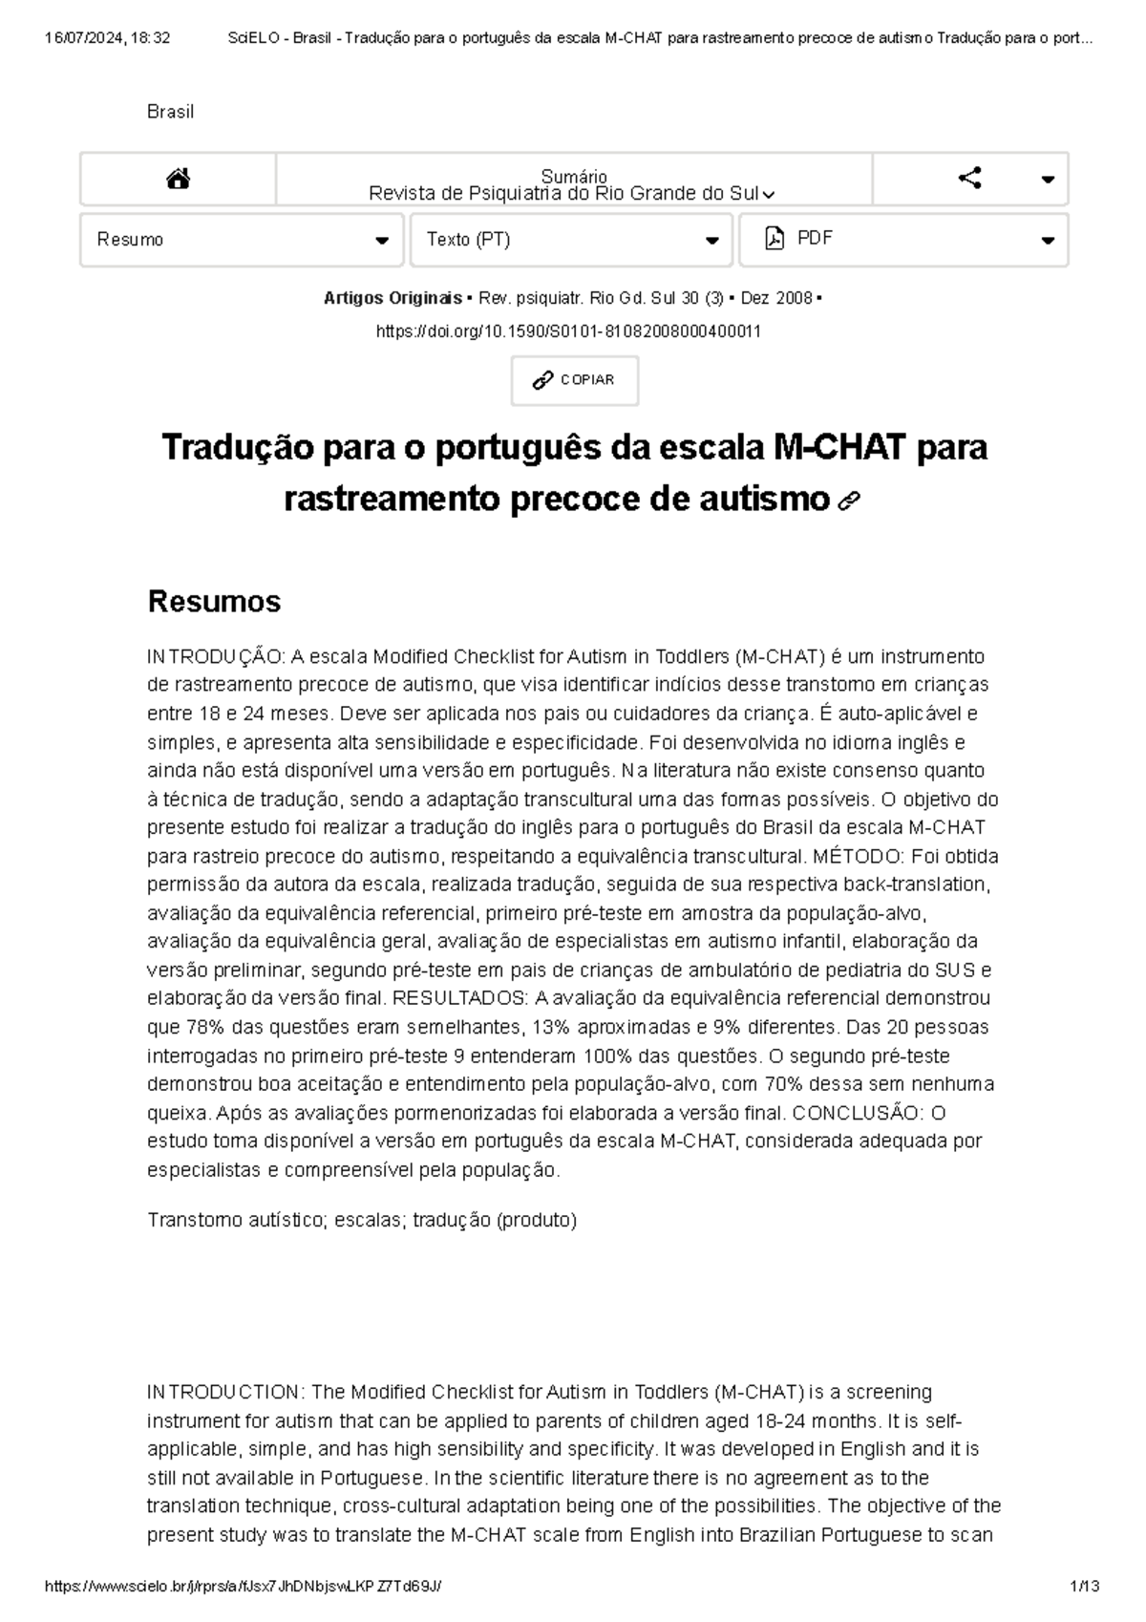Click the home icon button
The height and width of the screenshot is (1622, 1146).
178,179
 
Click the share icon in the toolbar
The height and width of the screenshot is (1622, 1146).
969,178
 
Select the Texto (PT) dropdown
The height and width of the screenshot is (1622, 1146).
571,240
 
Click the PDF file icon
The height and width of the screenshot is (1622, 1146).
775,239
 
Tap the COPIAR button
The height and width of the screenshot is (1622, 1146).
574,380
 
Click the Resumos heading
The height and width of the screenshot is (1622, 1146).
214,602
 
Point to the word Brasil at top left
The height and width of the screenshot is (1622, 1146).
170,112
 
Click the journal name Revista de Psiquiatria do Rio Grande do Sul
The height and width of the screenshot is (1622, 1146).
563,194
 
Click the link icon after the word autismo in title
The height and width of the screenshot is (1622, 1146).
847,502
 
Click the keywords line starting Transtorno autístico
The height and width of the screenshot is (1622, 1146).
362,1220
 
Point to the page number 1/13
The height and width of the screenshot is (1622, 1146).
1085,1586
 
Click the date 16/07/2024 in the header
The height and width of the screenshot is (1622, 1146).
84,38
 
